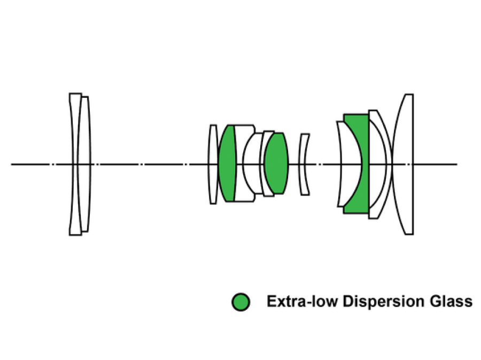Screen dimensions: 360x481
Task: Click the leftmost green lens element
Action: (227, 163)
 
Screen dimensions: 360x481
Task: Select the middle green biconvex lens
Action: (276, 163)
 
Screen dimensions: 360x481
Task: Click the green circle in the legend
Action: (241, 302)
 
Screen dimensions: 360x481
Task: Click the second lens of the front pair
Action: (84, 163)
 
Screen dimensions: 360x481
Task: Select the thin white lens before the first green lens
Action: (213, 163)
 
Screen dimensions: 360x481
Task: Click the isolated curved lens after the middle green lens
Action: (304, 163)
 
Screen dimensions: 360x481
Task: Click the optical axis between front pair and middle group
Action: (144, 164)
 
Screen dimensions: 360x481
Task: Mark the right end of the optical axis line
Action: (456, 164)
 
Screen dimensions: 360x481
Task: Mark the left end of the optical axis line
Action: (12, 164)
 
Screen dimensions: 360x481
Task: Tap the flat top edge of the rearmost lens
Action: (408, 95)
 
